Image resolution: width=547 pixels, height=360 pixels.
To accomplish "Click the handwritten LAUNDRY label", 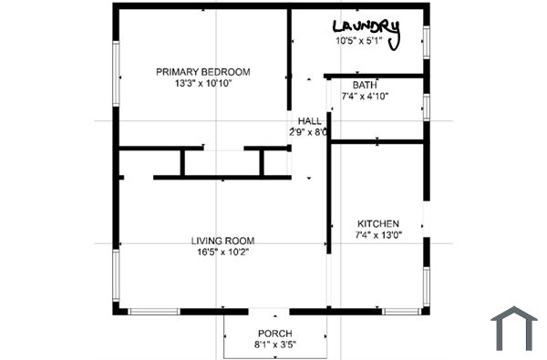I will click(366, 27).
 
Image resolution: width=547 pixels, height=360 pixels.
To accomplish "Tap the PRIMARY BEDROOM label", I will click(202, 72).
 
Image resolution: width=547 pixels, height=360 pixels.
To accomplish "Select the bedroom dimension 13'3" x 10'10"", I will click(202, 84).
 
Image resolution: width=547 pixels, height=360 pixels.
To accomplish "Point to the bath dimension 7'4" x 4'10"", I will click(365, 96).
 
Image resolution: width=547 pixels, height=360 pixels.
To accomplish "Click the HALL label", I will click(309, 120).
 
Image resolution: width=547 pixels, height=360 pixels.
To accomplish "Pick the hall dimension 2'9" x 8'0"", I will click(309, 132).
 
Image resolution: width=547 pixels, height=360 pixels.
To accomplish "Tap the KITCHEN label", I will click(377, 223).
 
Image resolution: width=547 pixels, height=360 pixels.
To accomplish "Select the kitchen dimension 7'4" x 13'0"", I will click(377, 235).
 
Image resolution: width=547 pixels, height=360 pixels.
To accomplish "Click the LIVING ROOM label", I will click(222, 241).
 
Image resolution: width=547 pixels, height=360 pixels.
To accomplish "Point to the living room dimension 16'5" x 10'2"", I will click(222, 252).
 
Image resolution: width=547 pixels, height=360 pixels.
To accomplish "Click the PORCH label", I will click(274, 333).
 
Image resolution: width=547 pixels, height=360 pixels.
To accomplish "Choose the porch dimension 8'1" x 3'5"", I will click(274, 345).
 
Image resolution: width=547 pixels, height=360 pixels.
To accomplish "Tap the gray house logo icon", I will click(514, 328).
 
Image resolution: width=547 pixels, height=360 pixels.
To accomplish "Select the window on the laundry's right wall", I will click(426, 43).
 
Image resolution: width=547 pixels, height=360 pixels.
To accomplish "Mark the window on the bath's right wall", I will click(426, 106).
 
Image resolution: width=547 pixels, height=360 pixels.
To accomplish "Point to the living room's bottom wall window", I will click(154, 312).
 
